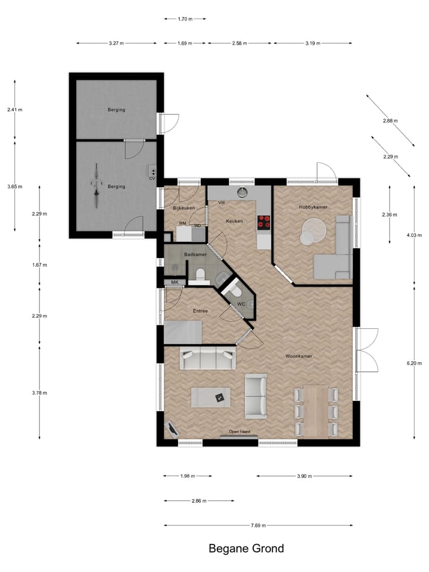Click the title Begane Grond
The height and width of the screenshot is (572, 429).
(x=246, y=548)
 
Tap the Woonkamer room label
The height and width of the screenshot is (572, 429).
(x=299, y=356)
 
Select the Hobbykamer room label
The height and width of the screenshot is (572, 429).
(x=313, y=207)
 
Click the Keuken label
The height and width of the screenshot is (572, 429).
(x=234, y=221)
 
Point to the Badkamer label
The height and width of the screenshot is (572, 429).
(x=195, y=254)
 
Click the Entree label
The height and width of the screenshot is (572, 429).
(x=200, y=311)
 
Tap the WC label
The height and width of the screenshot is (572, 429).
(x=241, y=304)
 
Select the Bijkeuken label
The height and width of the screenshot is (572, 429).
(x=184, y=208)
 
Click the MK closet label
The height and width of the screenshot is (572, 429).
(x=175, y=282)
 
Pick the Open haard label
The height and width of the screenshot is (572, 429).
(x=240, y=431)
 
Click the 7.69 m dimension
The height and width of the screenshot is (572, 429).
(x=257, y=526)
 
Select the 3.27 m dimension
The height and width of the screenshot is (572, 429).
(x=116, y=43)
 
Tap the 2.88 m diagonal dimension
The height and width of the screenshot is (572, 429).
(x=390, y=121)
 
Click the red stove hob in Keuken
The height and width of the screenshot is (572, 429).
(x=263, y=222)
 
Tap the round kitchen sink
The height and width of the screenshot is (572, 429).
(x=242, y=192)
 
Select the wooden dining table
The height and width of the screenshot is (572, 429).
(x=316, y=411)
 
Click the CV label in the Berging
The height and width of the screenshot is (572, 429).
(x=152, y=178)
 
